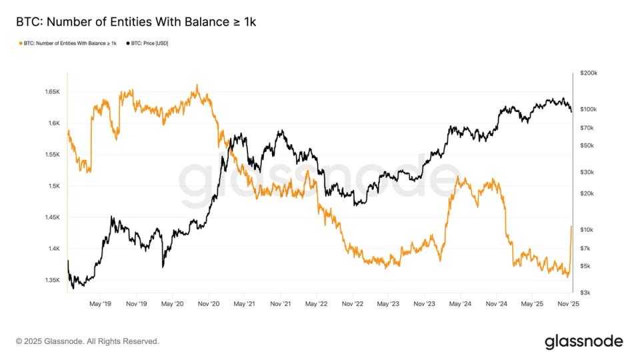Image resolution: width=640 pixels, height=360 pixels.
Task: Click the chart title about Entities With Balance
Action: (136, 22)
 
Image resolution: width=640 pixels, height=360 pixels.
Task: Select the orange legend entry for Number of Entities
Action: (67, 43)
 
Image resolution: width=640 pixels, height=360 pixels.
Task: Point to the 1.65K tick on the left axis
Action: (51, 91)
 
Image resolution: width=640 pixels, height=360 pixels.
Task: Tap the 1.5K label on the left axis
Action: (53, 186)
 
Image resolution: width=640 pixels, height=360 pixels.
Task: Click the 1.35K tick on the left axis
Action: (51, 280)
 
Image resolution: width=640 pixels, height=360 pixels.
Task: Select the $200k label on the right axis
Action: (589, 73)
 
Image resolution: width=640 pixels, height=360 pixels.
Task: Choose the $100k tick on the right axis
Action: (589, 109)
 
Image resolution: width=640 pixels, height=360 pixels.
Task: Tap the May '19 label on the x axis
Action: (100, 303)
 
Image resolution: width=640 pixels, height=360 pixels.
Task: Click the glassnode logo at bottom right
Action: (584, 341)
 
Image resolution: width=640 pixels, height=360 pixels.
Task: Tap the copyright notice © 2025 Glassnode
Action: (87, 341)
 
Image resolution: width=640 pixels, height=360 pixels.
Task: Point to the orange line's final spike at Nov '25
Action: (571, 227)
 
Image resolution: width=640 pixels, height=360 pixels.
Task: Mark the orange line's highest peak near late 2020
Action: (197, 85)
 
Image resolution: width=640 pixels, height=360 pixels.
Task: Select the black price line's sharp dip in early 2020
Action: (163, 266)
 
